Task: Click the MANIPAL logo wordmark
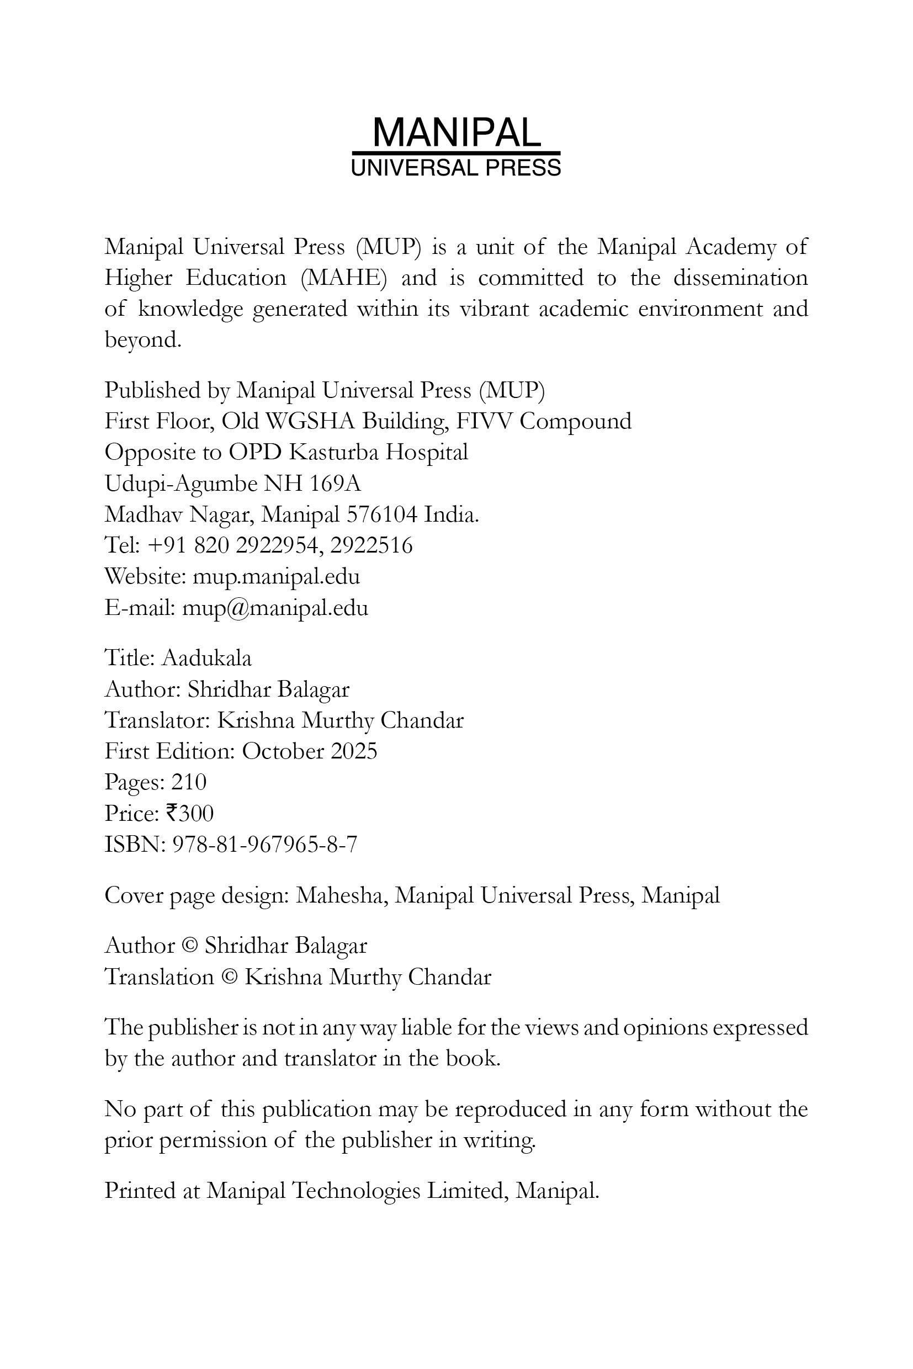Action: click(x=456, y=133)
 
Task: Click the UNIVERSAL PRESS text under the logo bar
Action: click(x=456, y=168)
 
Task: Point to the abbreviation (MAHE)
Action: click(x=343, y=278)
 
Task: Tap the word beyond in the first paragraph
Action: click(x=142, y=339)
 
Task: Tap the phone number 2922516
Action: click(x=371, y=545)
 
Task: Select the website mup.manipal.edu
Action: click(x=276, y=577)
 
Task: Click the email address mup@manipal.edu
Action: click(x=275, y=608)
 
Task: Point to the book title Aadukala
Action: click(x=206, y=659)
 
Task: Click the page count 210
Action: click(x=189, y=782)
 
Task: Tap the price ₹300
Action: click(x=190, y=814)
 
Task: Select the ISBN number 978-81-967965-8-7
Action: click(x=265, y=845)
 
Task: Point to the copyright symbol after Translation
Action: click(x=230, y=977)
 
